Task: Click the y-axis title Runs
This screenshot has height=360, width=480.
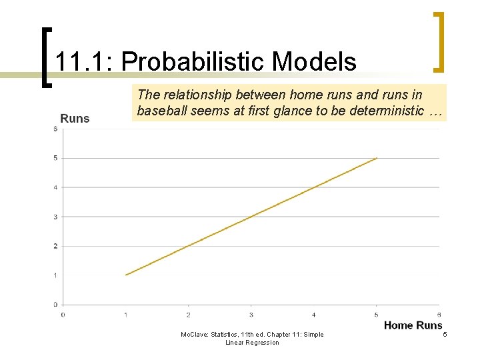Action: (x=75, y=119)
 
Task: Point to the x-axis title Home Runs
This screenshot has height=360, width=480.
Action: (x=413, y=325)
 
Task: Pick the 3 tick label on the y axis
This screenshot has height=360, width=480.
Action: (x=55, y=217)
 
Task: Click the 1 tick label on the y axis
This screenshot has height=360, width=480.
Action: (x=55, y=275)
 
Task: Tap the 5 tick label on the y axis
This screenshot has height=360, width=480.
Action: (x=55, y=158)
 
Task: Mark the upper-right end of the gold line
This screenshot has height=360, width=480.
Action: (x=377, y=158)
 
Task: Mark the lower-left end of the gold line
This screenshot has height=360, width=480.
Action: (x=126, y=275)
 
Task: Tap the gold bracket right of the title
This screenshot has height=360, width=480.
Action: (x=439, y=41)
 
